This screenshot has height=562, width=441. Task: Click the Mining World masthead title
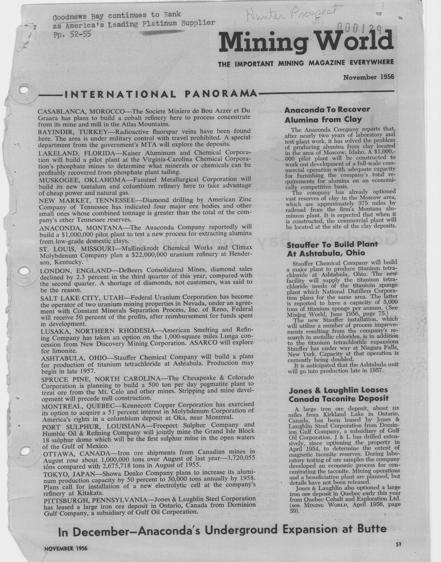tap(306, 41)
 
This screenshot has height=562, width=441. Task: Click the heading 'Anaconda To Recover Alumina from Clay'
tap(327, 114)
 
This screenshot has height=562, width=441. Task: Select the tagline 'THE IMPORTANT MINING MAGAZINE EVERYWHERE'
tap(306, 63)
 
